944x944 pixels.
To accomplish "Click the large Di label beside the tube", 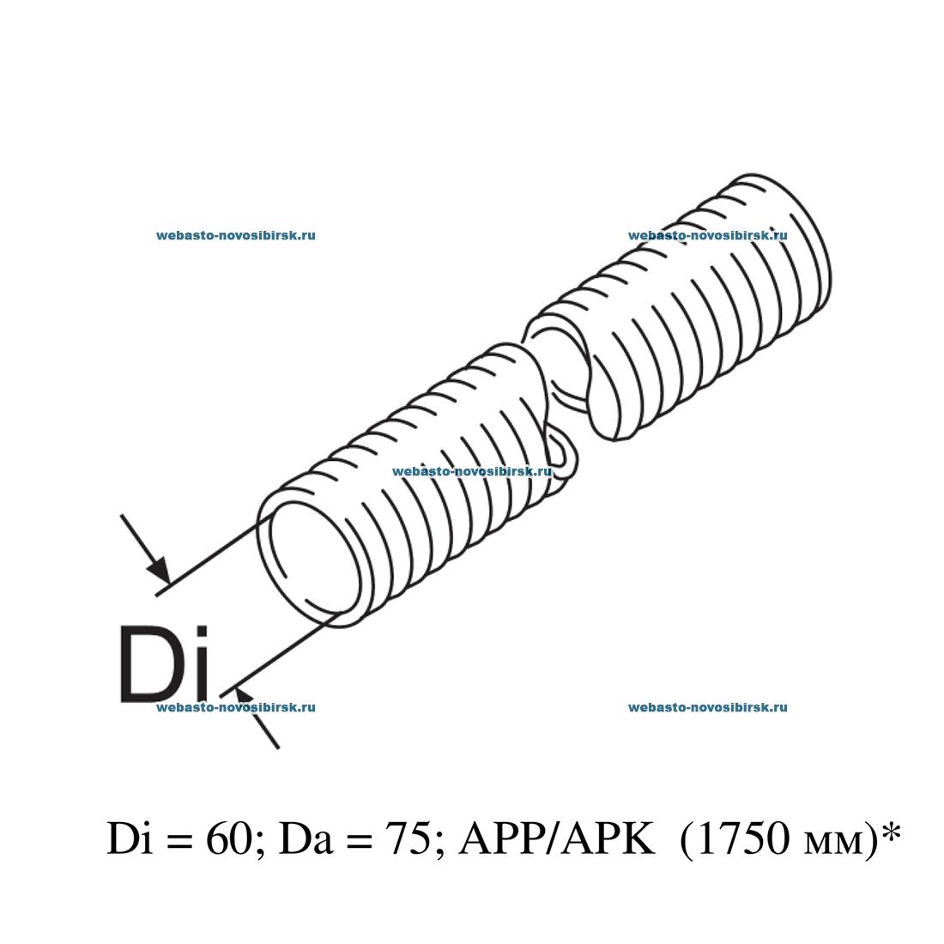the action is pyautogui.click(x=164, y=664).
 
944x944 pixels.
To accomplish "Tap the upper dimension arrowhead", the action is pyautogui.click(x=160, y=568).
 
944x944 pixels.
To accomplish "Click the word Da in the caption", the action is pyautogui.click(x=306, y=838).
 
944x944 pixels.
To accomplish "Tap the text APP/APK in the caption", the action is pyautogui.click(x=557, y=838).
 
